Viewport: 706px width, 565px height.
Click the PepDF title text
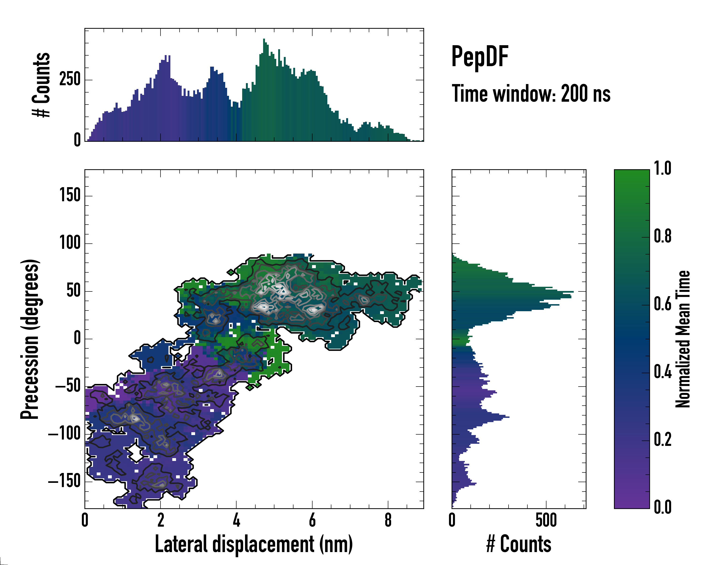pos(480,56)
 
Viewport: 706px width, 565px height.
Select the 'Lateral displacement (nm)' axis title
pos(254,544)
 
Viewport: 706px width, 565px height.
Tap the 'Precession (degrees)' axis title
pos(30,339)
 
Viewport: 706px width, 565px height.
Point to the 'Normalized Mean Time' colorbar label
pos(683,339)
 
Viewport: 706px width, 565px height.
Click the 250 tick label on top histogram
pos(70,79)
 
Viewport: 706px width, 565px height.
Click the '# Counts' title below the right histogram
pos(519,544)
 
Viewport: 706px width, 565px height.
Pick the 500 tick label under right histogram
pos(546,521)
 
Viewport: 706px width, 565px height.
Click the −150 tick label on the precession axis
pos(64,481)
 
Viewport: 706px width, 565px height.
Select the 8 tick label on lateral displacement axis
pos(388,521)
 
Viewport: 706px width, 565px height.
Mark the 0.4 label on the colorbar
pos(662,372)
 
